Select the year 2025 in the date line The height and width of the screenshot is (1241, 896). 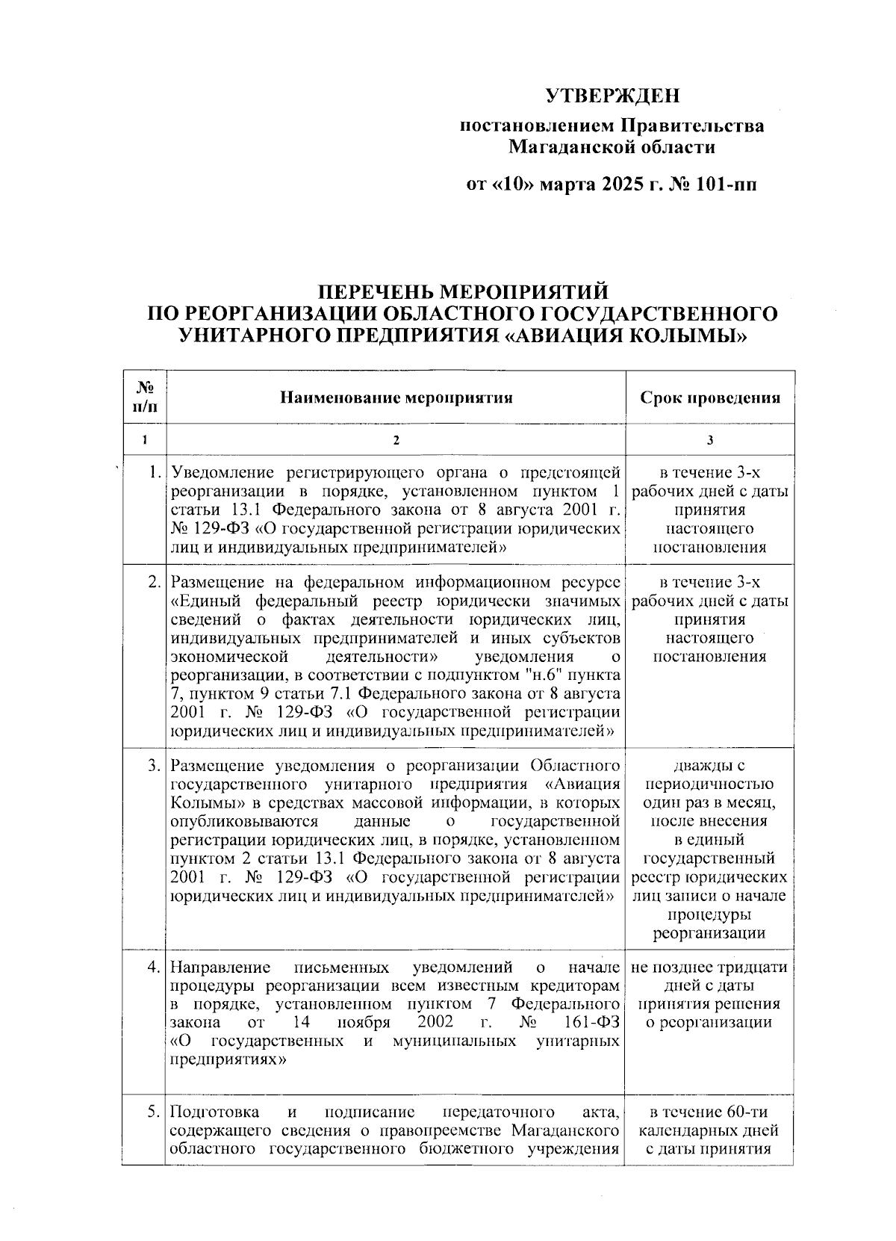[620, 184]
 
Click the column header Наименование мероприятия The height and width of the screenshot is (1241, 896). [396, 397]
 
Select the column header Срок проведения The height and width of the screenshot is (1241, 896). [709, 397]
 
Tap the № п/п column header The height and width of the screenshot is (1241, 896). [146, 397]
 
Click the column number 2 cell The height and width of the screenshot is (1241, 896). [396, 440]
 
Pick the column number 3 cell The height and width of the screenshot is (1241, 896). [709, 440]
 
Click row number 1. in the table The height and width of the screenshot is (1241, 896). [154, 472]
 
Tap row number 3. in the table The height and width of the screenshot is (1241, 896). [154, 766]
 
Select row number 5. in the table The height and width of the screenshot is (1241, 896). [154, 1112]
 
